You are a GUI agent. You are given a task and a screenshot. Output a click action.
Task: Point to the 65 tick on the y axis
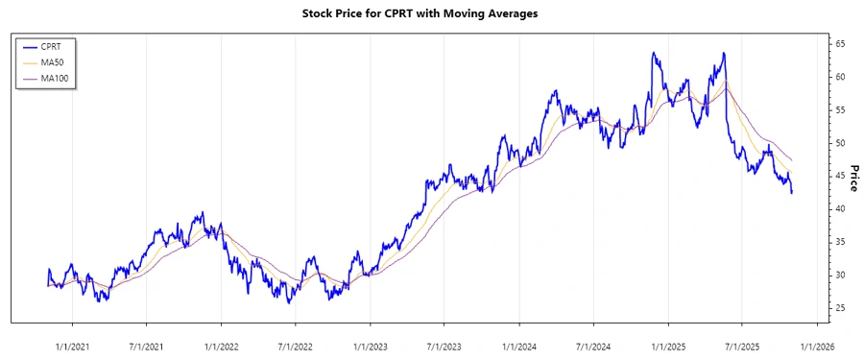[839, 44]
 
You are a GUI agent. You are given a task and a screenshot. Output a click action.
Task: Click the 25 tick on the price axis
[839, 308]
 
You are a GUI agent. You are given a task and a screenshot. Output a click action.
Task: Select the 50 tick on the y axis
[839, 143]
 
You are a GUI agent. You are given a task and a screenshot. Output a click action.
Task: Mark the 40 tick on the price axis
[839, 209]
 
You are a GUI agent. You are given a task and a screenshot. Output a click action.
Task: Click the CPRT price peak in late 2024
[654, 53]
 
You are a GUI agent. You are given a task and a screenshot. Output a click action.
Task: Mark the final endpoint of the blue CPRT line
[792, 193]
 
